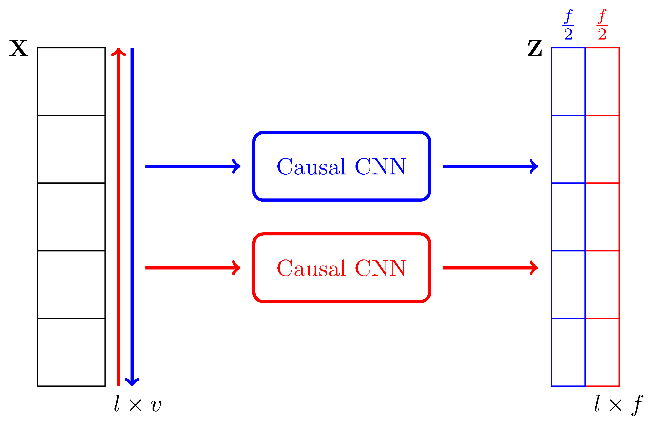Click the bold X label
19,48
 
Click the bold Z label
535,48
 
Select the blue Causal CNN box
341,166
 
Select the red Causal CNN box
341,268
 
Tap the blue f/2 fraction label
568,25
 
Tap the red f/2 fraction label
602,25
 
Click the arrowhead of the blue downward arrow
132,382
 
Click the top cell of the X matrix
71,82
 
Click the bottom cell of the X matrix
71,352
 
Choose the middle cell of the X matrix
71,217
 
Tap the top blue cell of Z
568,82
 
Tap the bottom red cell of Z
602,352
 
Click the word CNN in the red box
380,268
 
